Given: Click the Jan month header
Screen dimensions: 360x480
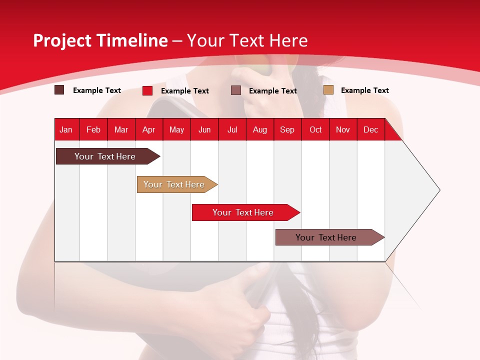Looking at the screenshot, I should coord(66,129).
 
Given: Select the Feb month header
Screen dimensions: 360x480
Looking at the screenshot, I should coord(93,129).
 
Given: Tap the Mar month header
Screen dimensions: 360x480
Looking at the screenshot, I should coord(121,129).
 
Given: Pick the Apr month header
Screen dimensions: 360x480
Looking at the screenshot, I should coord(148,129).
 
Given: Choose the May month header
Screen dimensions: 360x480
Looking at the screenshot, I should coord(176,129).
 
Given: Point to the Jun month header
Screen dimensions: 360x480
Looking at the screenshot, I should coord(204,129).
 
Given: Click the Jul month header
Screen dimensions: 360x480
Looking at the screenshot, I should coord(232,129).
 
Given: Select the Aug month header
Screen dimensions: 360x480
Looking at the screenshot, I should coord(259,129).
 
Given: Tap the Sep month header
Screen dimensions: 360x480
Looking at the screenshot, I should coord(287,129).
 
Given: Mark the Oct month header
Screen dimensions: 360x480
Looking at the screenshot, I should coord(315,129).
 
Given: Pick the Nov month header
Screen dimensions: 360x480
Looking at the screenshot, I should coord(343,129).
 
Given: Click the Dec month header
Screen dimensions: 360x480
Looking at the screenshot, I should coord(370,129).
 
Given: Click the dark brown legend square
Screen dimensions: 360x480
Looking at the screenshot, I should coord(59,90).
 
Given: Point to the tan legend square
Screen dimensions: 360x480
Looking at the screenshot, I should coord(328,90).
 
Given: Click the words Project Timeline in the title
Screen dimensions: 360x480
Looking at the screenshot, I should coord(100,40).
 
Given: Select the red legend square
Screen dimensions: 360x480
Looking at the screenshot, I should coord(147,90).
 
